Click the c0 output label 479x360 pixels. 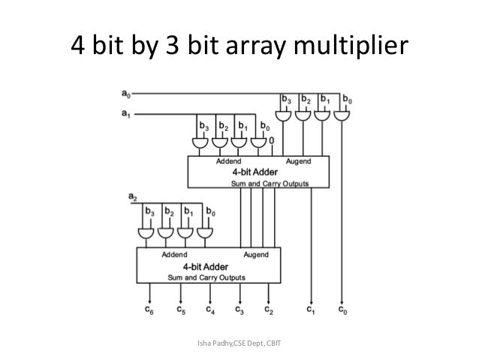[x=342, y=308]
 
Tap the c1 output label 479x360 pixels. [x=311, y=308]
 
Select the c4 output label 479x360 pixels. [x=210, y=308]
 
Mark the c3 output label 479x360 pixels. [x=239, y=308]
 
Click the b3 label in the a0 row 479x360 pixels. [x=287, y=98]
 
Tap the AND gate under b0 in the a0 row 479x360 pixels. [x=342, y=116]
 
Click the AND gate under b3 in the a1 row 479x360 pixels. [x=201, y=143]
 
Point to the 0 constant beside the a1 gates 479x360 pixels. [x=271, y=141]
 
